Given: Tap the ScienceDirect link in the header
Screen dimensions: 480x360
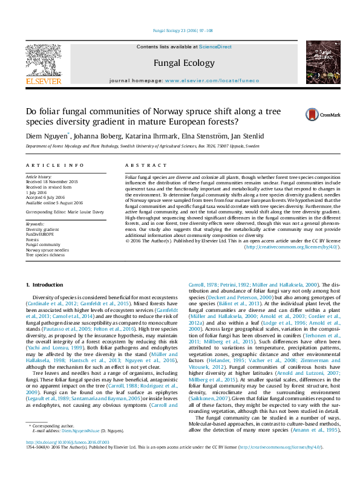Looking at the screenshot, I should (x=216, y=47).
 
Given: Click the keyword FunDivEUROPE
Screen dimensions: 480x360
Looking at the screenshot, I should (x=40, y=233).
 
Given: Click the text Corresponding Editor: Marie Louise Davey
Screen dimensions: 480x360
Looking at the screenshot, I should (x=65, y=213).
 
